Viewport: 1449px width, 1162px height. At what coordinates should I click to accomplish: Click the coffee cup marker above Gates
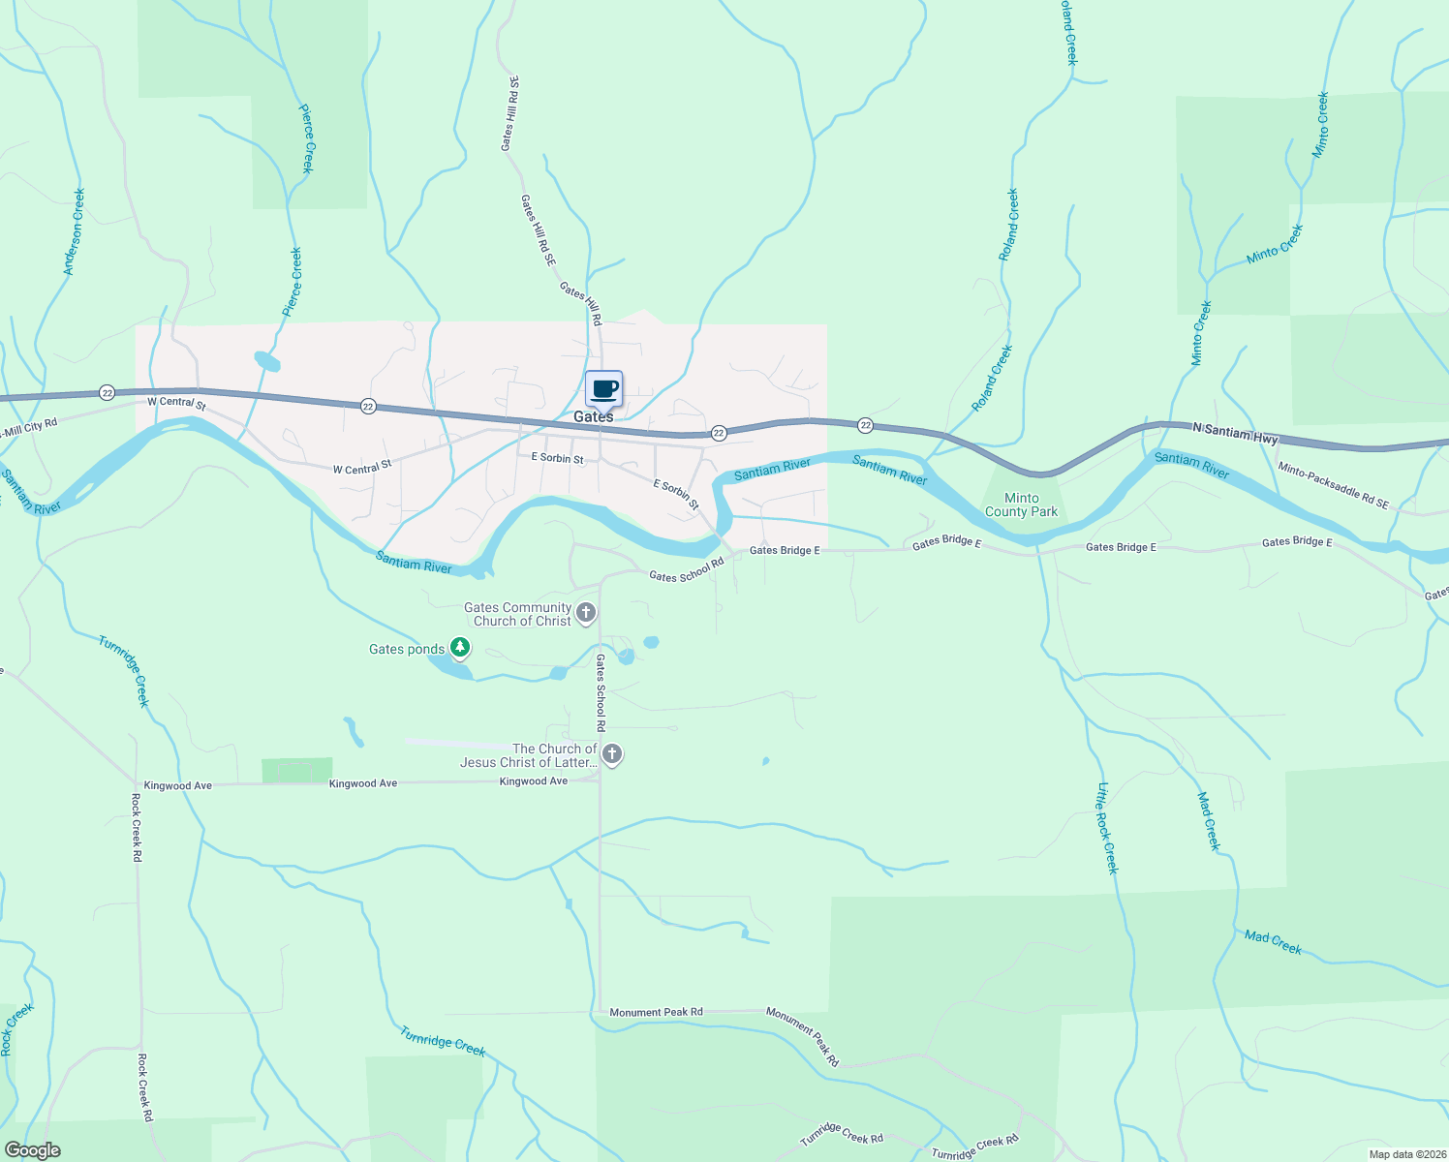pos(603,389)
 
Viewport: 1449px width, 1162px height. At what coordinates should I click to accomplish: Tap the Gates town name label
pos(593,416)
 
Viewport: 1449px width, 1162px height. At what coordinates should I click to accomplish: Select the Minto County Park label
pos(1021,505)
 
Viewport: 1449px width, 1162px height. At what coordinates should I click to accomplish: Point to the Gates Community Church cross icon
pos(585,612)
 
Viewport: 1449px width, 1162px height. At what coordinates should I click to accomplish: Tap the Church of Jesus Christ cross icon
pos(611,753)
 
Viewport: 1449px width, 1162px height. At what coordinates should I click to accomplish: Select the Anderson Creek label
pos(75,232)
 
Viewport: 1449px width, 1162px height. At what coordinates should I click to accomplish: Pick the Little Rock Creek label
pos(1107,828)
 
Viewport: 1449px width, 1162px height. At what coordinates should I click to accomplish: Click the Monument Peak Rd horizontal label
pos(656,1012)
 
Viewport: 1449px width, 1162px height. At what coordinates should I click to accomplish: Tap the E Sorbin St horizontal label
pos(557,458)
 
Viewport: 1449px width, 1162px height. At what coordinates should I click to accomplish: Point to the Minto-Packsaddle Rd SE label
pos(1333,485)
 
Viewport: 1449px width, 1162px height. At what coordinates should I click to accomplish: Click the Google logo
pos(33,1150)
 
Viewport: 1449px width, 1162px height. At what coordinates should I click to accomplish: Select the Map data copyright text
pos(1405,1154)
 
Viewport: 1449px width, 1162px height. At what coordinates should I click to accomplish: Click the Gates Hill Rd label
pos(581,303)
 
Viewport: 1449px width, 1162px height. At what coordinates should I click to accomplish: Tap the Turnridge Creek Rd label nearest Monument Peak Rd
pos(841,1134)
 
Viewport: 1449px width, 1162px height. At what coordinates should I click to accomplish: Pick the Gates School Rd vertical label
pos(601,692)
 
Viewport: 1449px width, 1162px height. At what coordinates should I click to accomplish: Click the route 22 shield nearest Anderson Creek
pos(107,392)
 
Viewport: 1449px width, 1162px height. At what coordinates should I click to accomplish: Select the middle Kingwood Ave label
pos(363,783)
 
